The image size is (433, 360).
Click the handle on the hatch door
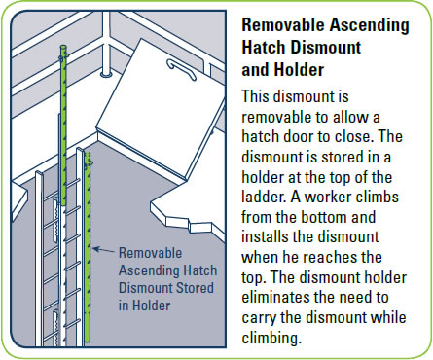tap(185, 69)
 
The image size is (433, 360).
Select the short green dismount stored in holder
tap(88, 243)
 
